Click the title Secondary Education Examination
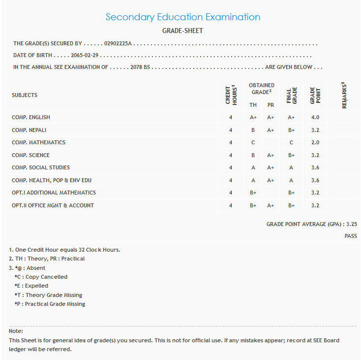tap(183, 17)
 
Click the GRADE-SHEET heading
tap(182, 31)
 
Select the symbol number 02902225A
tap(118, 44)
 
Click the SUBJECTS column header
tap(25, 95)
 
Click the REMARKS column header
tap(344, 95)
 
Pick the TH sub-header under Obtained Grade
tap(253, 105)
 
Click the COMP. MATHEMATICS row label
tap(38, 142)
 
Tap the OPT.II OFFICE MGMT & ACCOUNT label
tap(53, 205)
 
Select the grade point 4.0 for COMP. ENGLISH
tap(315, 117)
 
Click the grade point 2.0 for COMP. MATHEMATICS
tap(315, 142)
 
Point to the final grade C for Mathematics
tap(291, 142)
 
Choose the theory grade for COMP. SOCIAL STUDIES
tap(253, 167)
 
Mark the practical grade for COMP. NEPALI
tap(271, 130)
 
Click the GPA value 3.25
tap(351, 224)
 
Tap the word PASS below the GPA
tap(351, 236)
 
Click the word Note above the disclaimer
tap(16, 331)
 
